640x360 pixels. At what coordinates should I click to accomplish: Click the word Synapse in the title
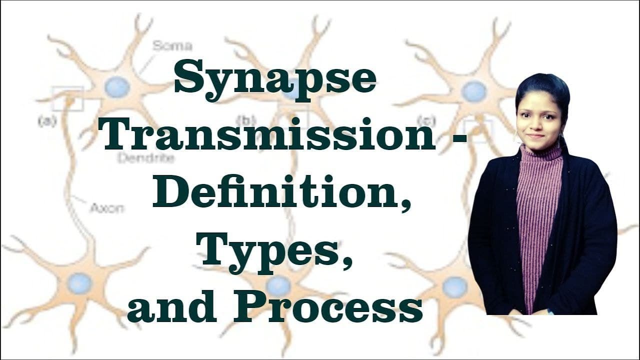(274, 80)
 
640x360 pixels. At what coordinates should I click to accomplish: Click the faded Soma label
(172, 46)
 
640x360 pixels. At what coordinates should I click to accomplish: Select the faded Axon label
(106, 207)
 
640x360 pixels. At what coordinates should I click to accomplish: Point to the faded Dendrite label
(146, 159)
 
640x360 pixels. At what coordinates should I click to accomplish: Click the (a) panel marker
(47, 121)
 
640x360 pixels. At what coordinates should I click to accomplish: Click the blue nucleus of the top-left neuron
(117, 87)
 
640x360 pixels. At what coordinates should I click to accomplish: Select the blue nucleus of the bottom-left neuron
(80, 283)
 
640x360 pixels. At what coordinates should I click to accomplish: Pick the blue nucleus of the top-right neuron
(473, 91)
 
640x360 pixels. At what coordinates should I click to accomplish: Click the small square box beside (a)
(67, 98)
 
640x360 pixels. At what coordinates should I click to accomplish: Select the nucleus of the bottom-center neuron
(278, 285)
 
